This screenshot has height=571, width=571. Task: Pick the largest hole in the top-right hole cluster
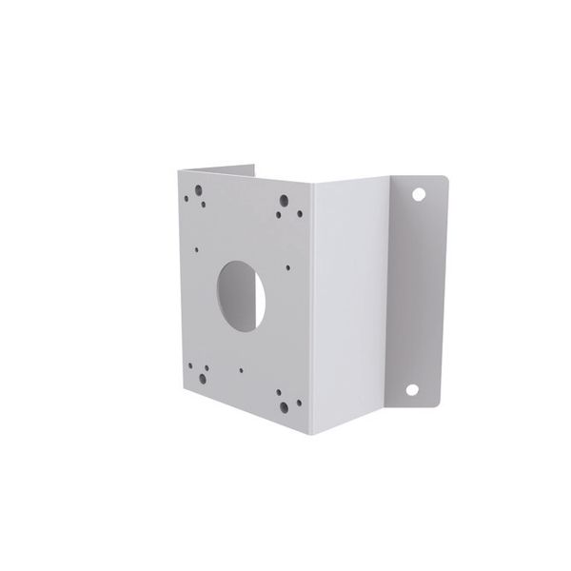284,202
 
